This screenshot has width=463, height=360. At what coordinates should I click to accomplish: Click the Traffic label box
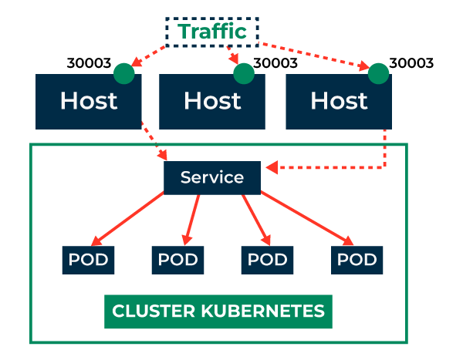pyautogui.click(x=212, y=32)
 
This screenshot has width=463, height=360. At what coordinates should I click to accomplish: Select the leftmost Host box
pyautogui.click(x=88, y=101)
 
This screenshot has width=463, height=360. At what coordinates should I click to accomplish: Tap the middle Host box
pyautogui.click(x=212, y=101)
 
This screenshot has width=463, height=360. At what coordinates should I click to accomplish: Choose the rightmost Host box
pyautogui.click(x=338, y=101)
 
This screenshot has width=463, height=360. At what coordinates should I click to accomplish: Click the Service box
pyautogui.click(x=212, y=178)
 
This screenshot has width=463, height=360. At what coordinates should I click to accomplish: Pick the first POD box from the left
pyautogui.click(x=88, y=260)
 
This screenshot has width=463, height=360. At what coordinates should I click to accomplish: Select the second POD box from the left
pyautogui.click(x=178, y=260)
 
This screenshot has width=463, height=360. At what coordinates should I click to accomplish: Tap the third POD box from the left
pyautogui.click(x=267, y=260)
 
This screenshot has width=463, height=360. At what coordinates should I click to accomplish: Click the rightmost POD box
pyautogui.click(x=357, y=260)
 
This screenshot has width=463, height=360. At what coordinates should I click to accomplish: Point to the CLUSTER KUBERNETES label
pyautogui.click(x=218, y=311)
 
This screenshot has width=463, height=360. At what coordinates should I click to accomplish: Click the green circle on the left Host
pyautogui.click(x=123, y=73)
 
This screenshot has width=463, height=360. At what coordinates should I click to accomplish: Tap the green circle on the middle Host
pyautogui.click(x=243, y=73)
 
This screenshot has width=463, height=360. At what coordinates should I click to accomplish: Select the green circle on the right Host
pyautogui.click(x=378, y=73)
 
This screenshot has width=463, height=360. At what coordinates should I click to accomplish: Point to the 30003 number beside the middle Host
pyautogui.click(x=276, y=63)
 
